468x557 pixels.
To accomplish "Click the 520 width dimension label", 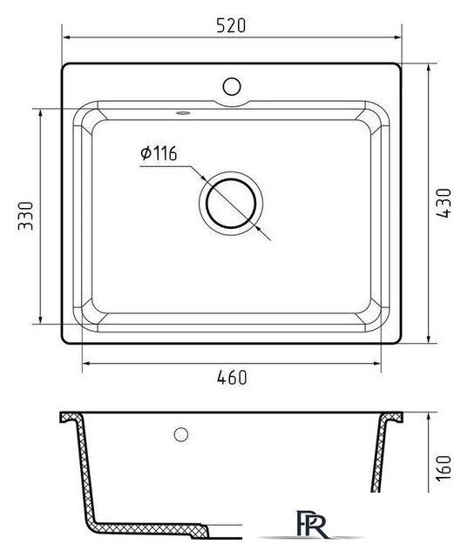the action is point(231,26).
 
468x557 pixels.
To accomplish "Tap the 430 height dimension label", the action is point(444,203).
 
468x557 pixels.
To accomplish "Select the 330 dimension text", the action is point(25,216).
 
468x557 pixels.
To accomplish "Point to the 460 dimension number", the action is point(232,377).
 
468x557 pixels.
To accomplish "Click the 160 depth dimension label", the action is point(444,467).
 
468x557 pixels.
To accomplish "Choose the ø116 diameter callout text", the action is point(159,153).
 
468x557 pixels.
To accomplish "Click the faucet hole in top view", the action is point(232,86).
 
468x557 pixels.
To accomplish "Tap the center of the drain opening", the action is point(231,204).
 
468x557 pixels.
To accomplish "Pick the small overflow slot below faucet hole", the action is point(183,113).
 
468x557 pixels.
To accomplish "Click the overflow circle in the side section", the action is point(181,434).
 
